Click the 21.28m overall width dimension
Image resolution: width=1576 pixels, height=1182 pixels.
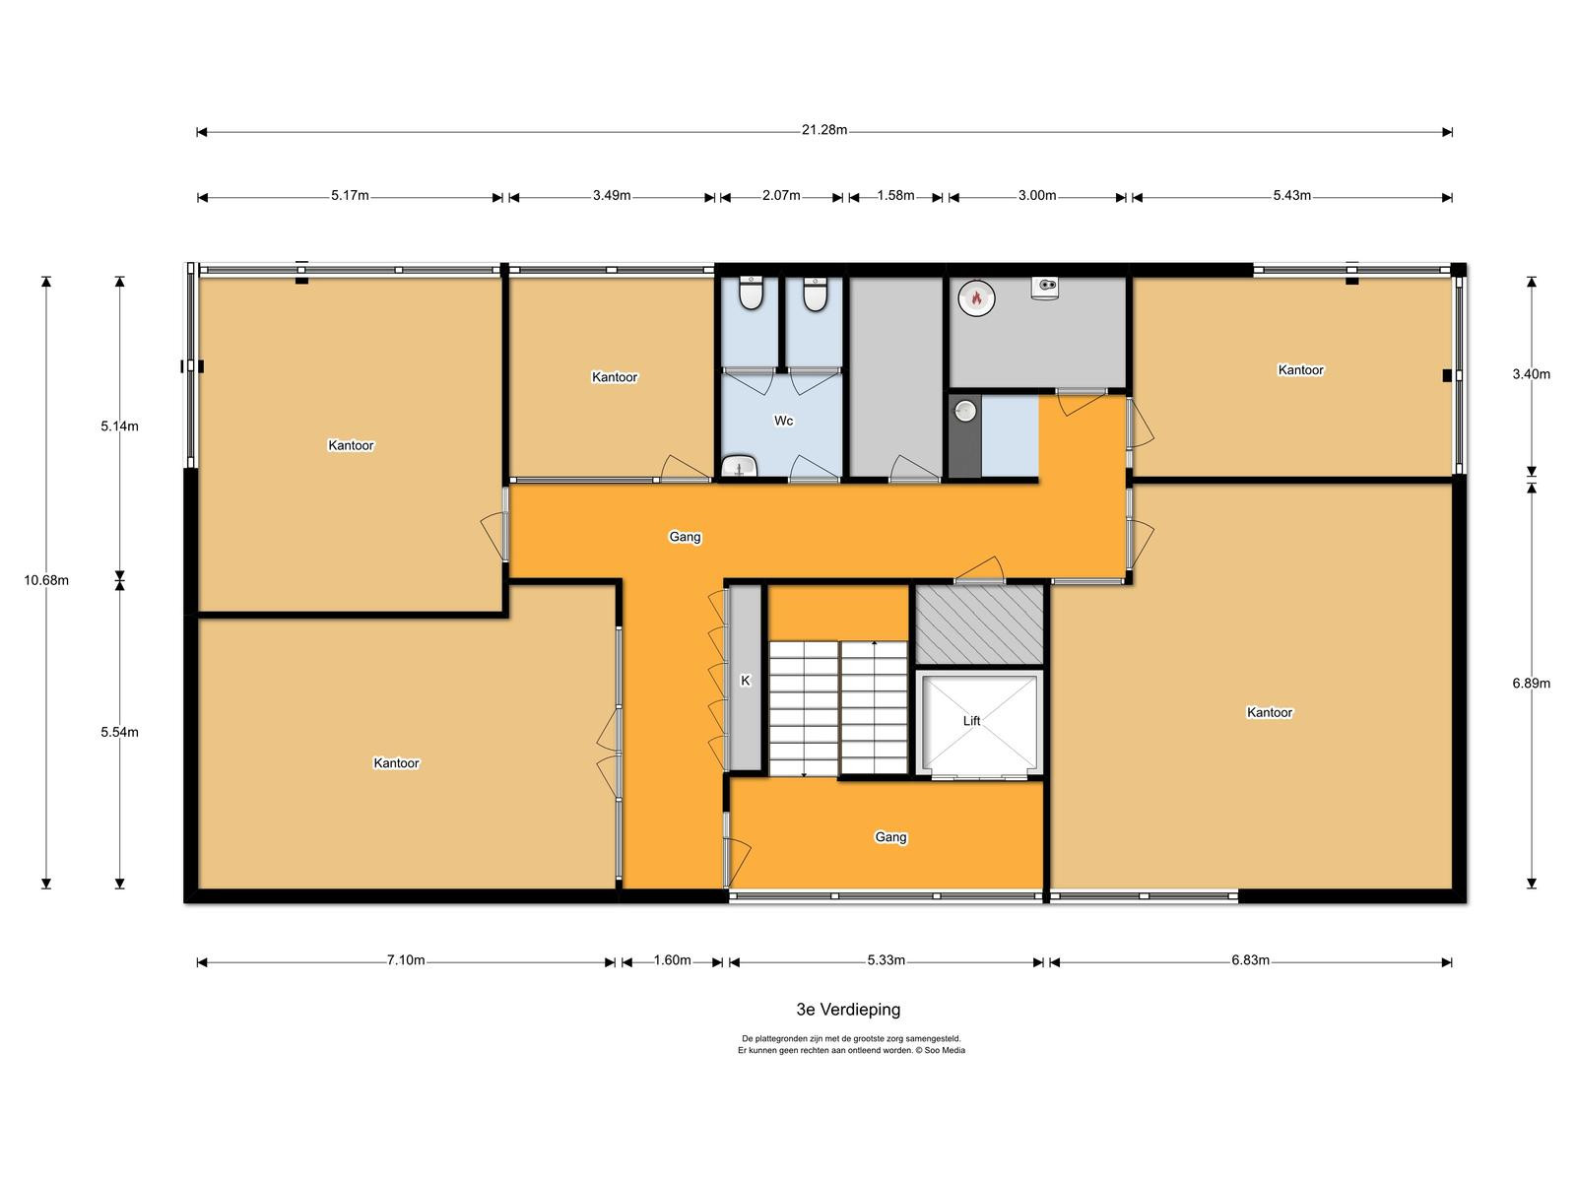click(x=823, y=131)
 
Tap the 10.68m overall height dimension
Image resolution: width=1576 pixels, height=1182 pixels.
click(x=46, y=580)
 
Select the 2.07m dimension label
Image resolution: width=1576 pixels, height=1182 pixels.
click(x=781, y=196)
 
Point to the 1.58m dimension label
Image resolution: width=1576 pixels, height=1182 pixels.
click(x=895, y=196)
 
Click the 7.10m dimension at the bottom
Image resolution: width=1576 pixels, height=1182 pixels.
click(x=406, y=960)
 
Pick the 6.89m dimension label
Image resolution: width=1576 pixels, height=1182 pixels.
click(x=1531, y=684)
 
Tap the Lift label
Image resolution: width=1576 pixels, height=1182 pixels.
click(x=971, y=721)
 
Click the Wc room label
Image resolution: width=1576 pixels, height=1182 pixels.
click(x=783, y=421)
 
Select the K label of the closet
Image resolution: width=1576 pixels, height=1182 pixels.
click(x=746, y=681)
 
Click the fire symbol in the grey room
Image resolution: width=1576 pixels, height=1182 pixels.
click(x=976, y=297)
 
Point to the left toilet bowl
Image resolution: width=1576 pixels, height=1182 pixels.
click(x=751, y=293)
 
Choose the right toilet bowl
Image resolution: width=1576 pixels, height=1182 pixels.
click(x=815, y=294)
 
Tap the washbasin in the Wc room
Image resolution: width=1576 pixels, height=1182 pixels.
click(x=738, y=467)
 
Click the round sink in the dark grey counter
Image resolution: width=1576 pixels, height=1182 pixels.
click(x=965, y=411)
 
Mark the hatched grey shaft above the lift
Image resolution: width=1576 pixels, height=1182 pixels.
click(x=979, y=624)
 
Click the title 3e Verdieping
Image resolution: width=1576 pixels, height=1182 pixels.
click(x=848, y=1010)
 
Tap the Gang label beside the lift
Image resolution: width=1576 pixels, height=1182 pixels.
click(x=890, y=837)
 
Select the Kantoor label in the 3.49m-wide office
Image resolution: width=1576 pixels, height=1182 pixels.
click(x=615, y=377)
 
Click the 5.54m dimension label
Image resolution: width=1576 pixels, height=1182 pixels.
click(x=119, y=732)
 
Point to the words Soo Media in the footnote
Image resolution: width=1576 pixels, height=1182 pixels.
click(x=945, y=1050)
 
